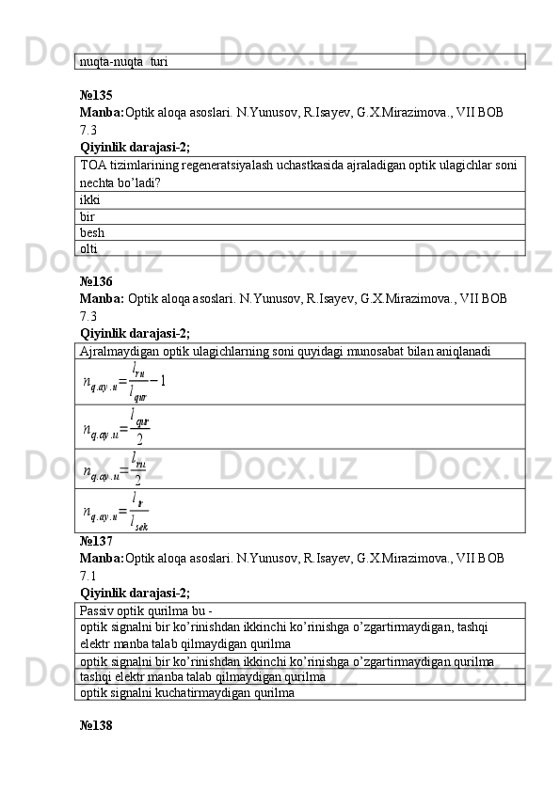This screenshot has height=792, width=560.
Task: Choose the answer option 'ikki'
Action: (90, 200)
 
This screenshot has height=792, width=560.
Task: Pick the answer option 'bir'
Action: (88, 216)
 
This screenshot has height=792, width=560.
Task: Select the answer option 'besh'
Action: (92, 232)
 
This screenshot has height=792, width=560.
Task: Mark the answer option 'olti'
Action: (90, 248)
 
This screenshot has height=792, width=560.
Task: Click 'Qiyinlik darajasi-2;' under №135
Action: (136, 146)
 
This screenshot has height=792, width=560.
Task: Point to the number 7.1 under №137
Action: (88, 576)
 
